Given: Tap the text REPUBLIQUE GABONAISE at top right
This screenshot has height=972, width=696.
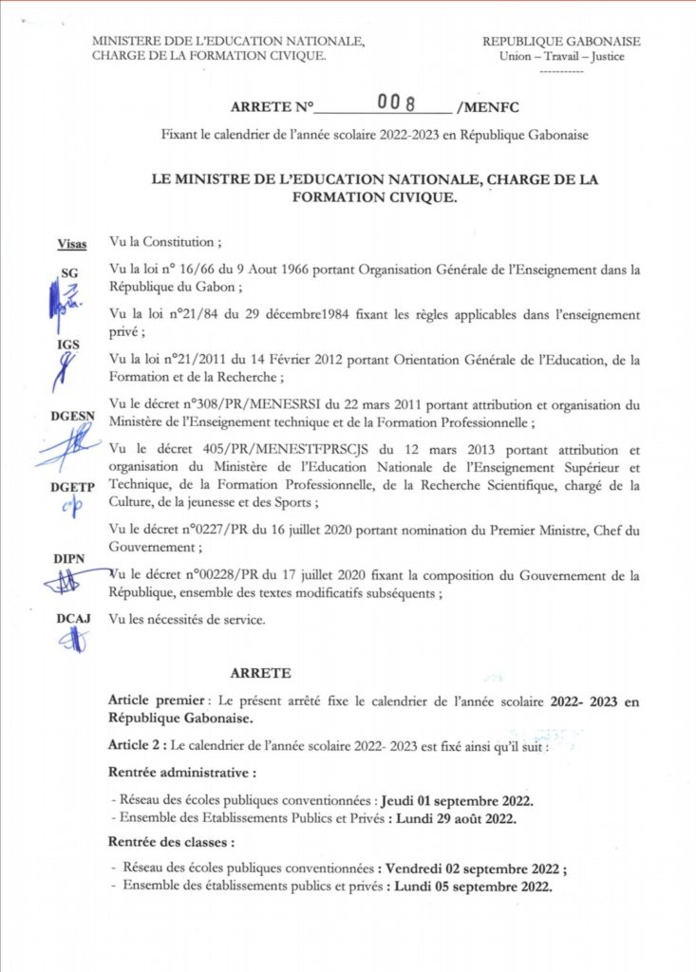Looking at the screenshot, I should point(561,42).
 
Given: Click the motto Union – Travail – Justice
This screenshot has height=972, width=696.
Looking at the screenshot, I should point(560,56).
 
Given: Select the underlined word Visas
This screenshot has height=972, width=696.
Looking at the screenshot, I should point(72,244).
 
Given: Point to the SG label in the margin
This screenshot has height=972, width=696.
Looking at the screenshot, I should point(70,273).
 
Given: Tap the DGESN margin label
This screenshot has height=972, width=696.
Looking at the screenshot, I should point(73,416).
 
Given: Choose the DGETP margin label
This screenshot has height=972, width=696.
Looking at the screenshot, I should point(72,487).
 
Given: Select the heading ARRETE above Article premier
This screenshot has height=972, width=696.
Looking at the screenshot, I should point(257,673).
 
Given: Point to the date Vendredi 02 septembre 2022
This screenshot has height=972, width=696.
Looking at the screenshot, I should point(469,869).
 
